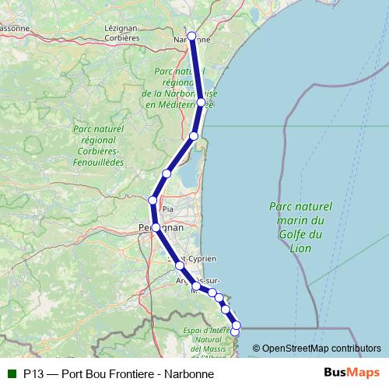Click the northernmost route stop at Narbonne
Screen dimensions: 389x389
191,36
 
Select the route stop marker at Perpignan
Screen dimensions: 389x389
156,227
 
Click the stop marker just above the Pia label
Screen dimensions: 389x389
152,201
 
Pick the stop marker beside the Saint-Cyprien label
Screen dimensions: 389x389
180,265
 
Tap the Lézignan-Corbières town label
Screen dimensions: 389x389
121,32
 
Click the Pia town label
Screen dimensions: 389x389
166,209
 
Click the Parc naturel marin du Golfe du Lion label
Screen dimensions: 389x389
300,227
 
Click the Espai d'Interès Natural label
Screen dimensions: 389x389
205,339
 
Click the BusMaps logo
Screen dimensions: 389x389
352,373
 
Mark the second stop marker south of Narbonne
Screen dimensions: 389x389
194,137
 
